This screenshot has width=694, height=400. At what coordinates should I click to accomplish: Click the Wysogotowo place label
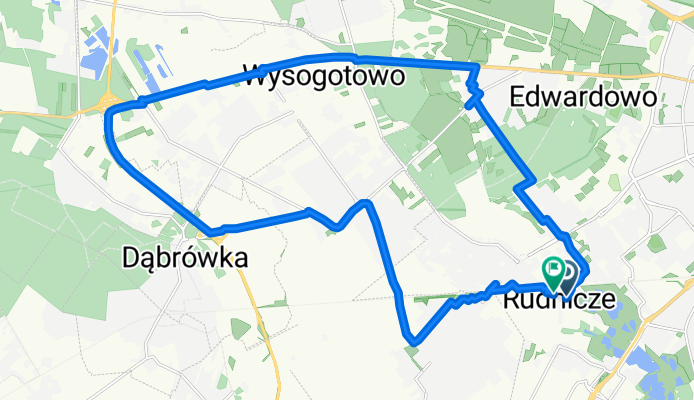323,76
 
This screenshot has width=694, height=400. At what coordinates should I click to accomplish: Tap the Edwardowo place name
582,98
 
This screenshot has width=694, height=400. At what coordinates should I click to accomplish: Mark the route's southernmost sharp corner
409,340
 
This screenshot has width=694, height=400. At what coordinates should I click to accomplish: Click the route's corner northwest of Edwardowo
475,66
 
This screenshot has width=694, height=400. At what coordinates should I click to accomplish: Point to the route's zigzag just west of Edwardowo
472,98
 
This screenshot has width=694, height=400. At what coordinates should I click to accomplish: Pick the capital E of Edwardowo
517,98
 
